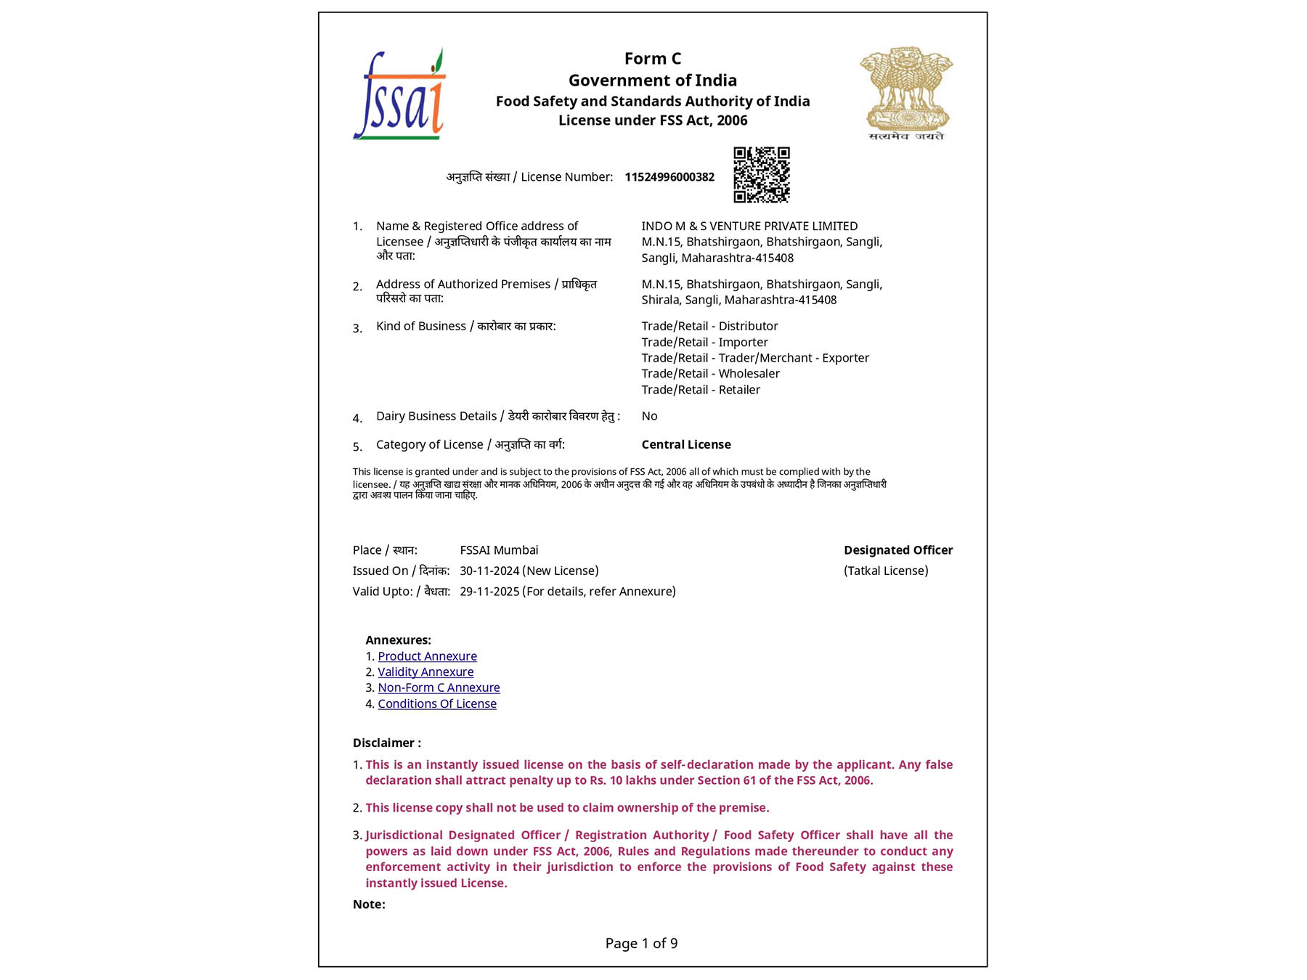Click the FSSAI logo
click(399, 95)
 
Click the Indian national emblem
click(905, 93)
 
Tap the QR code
click(761, 175)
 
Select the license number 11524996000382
click(669, 177)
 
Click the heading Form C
click(652, 59)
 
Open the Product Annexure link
click(427, 656)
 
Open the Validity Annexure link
click(426, 672)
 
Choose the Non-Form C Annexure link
click(439, 687)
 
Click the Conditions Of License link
click(437, 703)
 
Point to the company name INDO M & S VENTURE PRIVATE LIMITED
click(749, 226)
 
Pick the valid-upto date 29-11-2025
click(489, 592)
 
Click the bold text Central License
click(686, 444)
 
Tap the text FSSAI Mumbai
click(499, 550)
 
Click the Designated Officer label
click(898, 550)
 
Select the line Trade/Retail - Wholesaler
click(710, 374)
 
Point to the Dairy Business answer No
click(649, 416)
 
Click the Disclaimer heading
click(386, 743)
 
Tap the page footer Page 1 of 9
click(641, 943)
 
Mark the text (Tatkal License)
click(886, 571)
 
